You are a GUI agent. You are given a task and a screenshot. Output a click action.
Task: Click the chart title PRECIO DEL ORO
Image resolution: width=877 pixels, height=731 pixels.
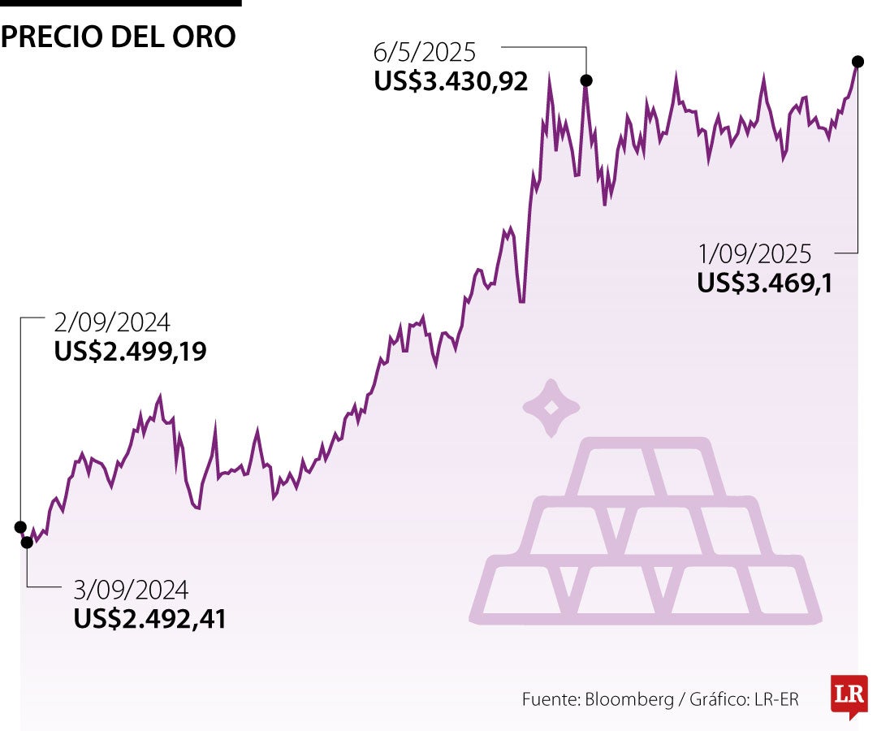click(119, 37)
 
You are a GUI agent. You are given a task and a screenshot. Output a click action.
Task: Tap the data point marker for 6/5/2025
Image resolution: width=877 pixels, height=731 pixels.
click(585, 80)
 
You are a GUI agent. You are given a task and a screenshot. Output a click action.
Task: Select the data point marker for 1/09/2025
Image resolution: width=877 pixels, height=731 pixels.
click(857, 61)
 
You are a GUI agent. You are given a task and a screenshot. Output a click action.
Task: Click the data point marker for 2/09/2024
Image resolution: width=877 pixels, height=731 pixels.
click(20, 526)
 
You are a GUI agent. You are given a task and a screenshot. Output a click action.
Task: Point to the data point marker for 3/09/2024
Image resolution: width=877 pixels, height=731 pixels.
click(27, 542)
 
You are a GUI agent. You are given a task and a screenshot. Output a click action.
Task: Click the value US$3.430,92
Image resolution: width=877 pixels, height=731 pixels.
click(451, 81)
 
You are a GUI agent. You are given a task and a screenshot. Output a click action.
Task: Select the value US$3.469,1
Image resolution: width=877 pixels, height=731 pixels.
click(764, 282)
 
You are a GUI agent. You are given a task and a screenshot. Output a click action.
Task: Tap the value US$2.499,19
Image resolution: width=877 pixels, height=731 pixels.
click(130, 351)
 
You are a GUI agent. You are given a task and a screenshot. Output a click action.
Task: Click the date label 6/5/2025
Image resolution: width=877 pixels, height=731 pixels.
click(425, 54)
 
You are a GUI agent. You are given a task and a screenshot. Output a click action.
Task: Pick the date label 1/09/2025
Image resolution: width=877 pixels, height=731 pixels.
click(754, 254)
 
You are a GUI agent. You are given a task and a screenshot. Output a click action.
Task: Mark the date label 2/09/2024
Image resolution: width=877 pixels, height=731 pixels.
click(112, 322)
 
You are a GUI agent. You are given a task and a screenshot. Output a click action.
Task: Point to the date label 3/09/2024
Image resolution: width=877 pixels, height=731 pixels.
click(132, 589)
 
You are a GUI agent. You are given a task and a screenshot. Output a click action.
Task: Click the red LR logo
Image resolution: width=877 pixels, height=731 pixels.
click(849, 695)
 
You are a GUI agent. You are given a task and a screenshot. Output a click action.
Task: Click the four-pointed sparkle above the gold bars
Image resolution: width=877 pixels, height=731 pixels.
click(551, 408)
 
